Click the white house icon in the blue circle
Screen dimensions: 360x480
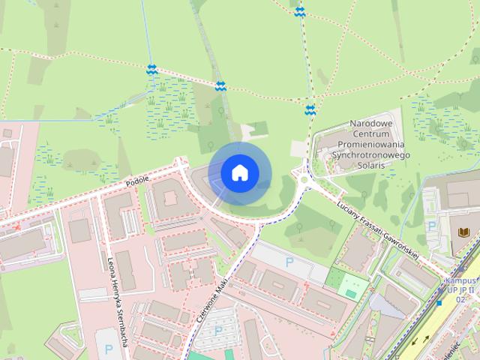(x=239, y=172)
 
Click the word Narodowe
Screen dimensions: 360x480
(x=370, y=123)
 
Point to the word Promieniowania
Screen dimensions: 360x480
(x=370, y=144)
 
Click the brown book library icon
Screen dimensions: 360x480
(x=463, y=232)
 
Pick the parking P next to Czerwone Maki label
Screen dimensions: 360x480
(x=218, y=331)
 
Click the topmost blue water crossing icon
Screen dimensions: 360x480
(x=300, y=11)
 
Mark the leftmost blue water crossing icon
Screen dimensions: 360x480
(x=151, y=69)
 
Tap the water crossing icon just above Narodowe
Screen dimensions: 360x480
(x=310, y=110)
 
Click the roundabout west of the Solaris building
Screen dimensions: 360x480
(x=304, y=179)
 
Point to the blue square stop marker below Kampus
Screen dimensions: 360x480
(x=439, y=304)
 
